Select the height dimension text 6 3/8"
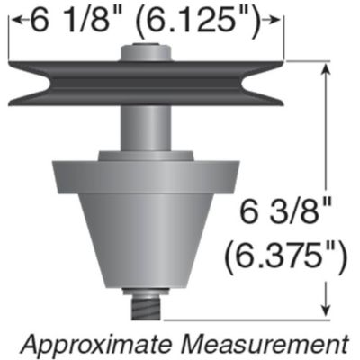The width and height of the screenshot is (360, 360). [286, 216]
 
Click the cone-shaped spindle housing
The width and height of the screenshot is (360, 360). [147, 238]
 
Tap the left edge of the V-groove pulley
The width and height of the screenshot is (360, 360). [11, 81]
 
